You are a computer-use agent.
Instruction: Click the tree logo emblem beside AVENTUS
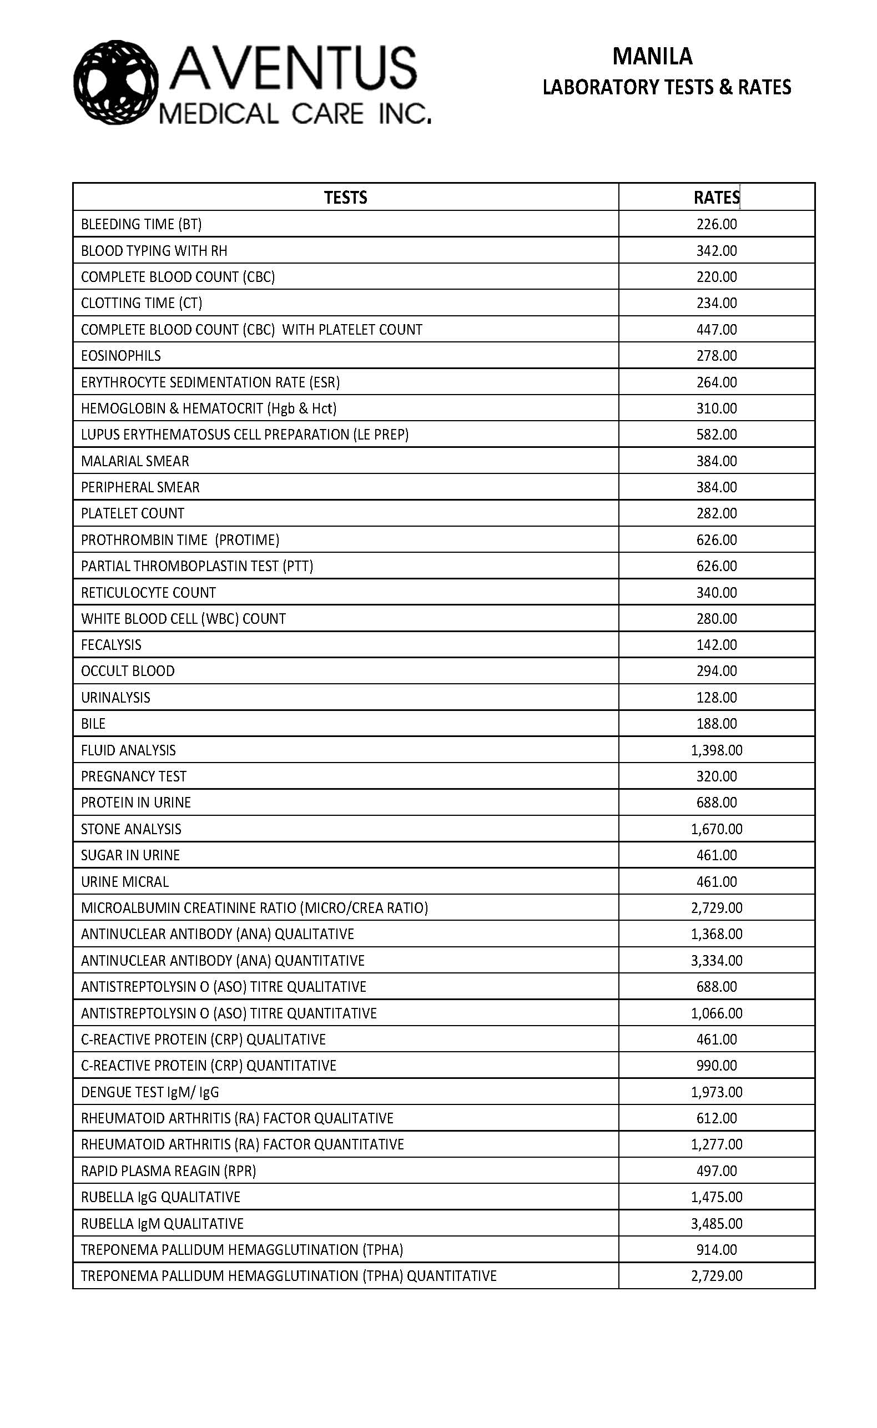[115, 82]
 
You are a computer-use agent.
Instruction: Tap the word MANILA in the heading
[652, 57]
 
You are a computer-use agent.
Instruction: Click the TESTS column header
[345, 198]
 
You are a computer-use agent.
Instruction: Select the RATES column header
[717, 198]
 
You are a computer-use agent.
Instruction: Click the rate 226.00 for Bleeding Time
[717, 224]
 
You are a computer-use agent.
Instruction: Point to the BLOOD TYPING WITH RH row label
[154, 251]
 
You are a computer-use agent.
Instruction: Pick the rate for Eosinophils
[717, 355]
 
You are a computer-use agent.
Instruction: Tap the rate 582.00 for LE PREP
[717, 434]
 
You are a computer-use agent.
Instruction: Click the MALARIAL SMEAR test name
[134, 461]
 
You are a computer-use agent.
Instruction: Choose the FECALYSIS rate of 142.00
[717, 645]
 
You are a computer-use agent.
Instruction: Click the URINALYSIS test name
[115, 698]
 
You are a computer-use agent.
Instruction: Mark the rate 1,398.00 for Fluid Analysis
[717, 750]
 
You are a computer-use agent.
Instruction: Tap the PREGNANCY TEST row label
[133, 776]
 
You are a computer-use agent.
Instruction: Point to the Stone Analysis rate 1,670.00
[717, 829]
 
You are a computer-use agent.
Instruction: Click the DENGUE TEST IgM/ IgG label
[150, 1092]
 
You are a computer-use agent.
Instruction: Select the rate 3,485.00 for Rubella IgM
[717, 1223]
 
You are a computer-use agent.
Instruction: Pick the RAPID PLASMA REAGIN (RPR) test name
[168, 1170]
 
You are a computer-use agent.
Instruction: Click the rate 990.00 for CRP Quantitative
[717, 1066]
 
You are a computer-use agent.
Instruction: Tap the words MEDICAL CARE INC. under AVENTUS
[295, 114]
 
